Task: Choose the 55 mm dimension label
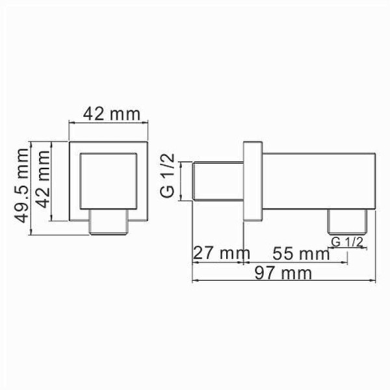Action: pyautogui.click(x=300, y=253)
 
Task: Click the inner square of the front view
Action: pyautogui.click(x=109, y=182)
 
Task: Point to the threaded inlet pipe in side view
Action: pyautogui.click(x=219, y=183)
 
